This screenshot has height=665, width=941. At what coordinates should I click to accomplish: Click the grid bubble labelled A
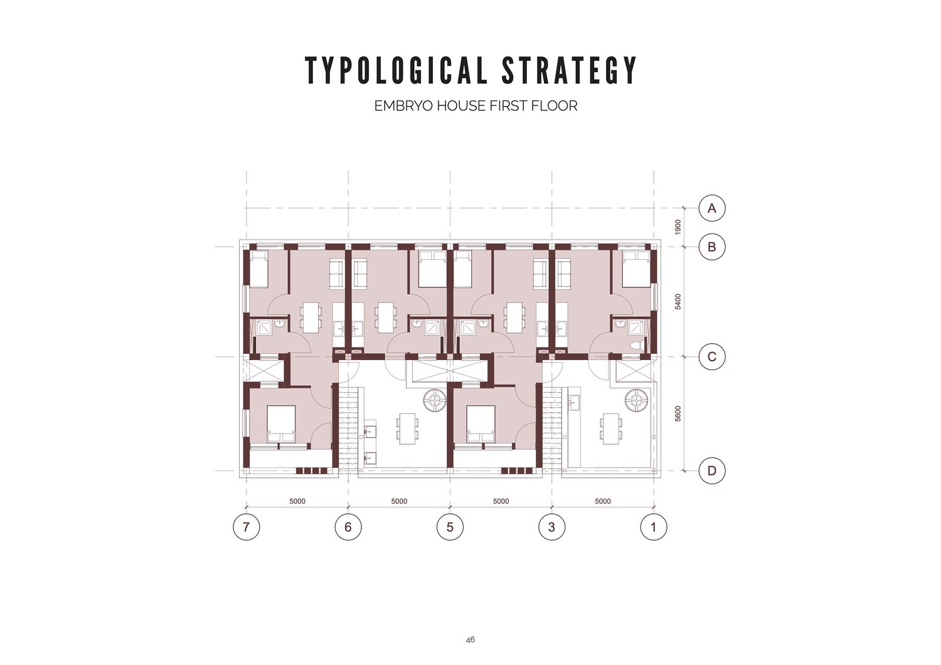click(x=711, y=208)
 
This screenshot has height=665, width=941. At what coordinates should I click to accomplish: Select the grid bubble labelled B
click(x=711, y=247)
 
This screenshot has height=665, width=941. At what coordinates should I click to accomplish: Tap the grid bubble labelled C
click(x=711, y=357)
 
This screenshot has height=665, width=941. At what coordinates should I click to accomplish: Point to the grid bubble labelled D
click(x=711, y=471)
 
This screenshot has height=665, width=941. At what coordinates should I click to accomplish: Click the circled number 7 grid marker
click(x=246, y=526)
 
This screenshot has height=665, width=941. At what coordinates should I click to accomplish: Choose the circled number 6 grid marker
click(x=348, y=526)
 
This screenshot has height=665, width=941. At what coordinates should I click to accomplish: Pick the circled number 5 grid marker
click(x=450, y=526)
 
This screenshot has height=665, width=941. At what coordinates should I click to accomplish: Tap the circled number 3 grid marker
click(x=551, y=526)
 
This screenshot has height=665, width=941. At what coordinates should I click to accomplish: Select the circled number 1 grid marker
click(x=653, y=526)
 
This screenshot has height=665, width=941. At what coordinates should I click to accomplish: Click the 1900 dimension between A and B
click(x=678, y=227)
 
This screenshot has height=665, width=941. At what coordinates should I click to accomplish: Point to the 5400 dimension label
click(x=678, y=302)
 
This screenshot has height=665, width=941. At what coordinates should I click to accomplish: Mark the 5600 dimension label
click(x=678, y=414)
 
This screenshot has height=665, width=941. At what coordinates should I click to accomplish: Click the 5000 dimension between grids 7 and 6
click(x=297, y=501)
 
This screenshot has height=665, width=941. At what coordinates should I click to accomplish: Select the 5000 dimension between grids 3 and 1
click(x=603, y=501)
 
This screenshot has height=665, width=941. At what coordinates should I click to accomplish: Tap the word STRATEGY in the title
click(x=570, y=70)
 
